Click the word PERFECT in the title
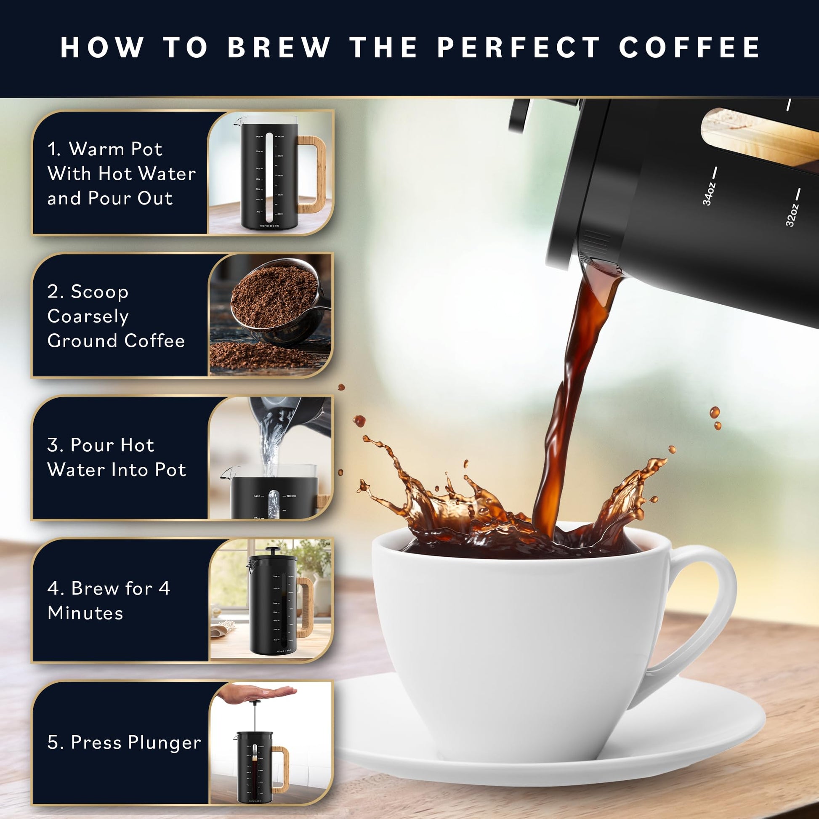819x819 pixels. [518, 47]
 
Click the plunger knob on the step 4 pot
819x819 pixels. [270, 550]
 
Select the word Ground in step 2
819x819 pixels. [83, 341]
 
